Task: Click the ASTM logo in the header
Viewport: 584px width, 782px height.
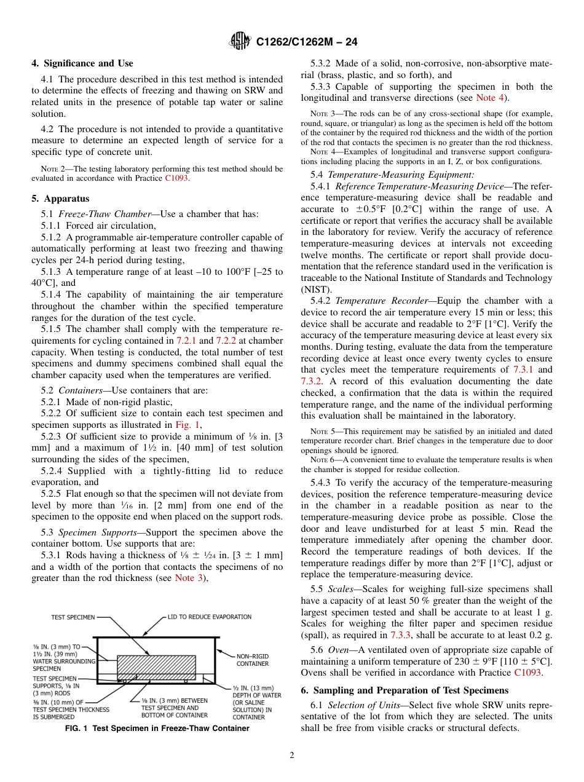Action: point(240,41)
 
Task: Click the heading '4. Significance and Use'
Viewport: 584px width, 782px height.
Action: point(82,63)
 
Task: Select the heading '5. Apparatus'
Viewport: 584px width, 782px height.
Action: point(60,199)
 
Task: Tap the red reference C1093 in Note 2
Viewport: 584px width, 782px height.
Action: point(177,178)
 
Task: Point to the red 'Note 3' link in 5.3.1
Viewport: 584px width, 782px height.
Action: point(188,577)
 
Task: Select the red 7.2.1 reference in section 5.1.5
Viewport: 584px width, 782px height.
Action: point(186,340)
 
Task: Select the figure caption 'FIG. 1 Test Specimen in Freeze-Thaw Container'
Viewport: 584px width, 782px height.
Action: point(157,729)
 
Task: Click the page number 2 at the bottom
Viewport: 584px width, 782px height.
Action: point(292,756)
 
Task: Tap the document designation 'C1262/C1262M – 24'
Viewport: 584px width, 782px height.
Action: point(307,42)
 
